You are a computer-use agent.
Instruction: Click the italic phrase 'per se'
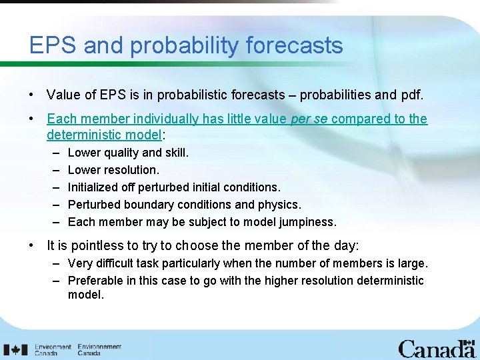point(309,119)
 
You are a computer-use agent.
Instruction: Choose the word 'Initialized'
point(94,187)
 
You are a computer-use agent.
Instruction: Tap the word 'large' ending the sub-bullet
point(412,263)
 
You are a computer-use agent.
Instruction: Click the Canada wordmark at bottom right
point(436,349)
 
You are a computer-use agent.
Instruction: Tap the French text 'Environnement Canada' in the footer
point(99,349)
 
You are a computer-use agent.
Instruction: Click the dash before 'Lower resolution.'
point(57,170)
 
